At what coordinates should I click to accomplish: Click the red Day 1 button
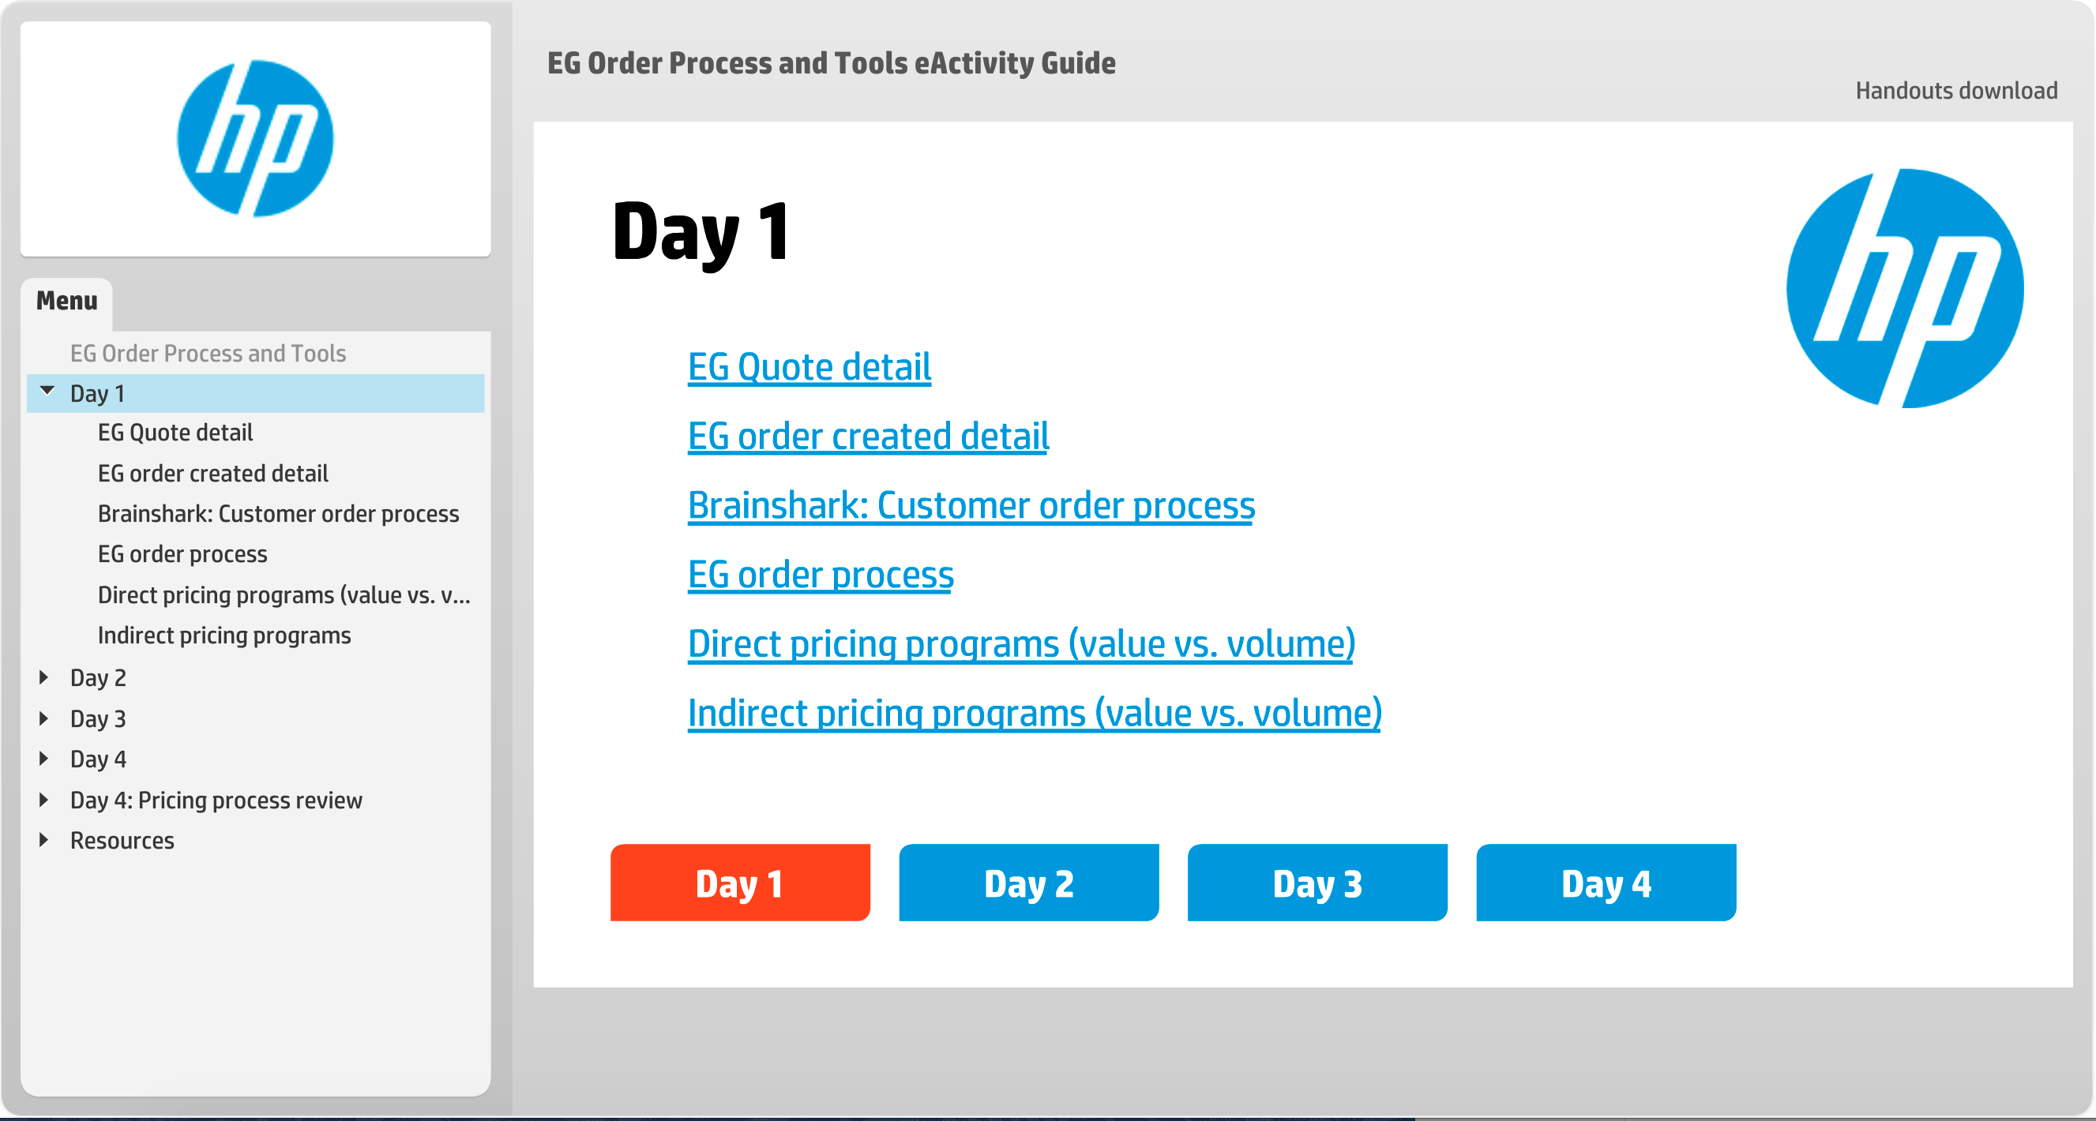(x=740, y=882)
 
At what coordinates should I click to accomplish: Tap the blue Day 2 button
(x=1028, y=882)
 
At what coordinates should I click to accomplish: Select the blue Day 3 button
(x=1317, y=882)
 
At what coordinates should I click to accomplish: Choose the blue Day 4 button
(x=1606, y=882)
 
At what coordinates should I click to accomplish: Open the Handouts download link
(x=1956, y=90)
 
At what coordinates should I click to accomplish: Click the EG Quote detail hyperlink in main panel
(x=809, y=367)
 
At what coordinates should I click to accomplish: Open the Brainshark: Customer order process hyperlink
(x=971, y=505)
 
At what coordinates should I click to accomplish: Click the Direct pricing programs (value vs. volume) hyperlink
(x=1021, y=643)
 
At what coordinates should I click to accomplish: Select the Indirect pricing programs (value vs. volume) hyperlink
(x=1034, y=713)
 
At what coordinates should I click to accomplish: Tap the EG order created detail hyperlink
(x=868, y=436)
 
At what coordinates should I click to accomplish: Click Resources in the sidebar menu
(x=122, y=840)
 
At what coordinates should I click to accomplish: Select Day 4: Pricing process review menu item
(x=216, y=800)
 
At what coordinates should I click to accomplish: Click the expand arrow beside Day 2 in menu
(x=44, y=677)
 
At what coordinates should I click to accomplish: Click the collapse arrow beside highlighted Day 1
(x=47, y=392)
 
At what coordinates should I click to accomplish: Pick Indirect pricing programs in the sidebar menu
(x=224, y=635)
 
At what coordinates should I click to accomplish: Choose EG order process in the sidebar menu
(x=182, y=554)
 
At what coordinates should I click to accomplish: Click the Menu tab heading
(x=66, y=301)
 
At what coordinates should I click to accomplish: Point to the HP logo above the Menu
(x=256, y=138)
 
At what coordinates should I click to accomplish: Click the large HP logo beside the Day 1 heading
(x=1905, y=288)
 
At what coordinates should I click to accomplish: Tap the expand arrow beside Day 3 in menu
(x=44, y=718)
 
